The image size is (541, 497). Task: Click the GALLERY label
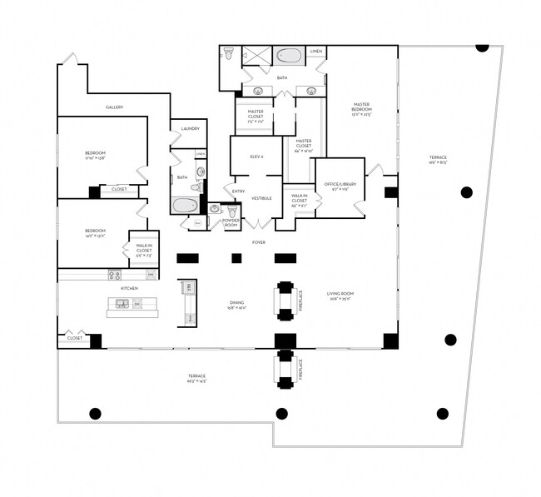click(115, 107)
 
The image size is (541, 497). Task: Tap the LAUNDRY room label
click(189, 128)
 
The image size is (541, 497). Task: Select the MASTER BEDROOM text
click(360, 108)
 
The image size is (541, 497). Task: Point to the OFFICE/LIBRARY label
click(340, 185)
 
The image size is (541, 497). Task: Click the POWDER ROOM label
click(231, 224)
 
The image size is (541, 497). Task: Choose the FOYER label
click(259, 241)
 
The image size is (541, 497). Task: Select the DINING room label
click(237, 304)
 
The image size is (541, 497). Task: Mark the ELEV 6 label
click(256, 157)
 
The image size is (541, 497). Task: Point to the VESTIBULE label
click(262, 198)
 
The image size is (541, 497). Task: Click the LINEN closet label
click(316, 52)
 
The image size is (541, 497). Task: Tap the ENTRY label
click(239, 191)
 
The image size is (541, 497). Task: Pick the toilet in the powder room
click(232, 212)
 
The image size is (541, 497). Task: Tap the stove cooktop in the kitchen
click(115, 275)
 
